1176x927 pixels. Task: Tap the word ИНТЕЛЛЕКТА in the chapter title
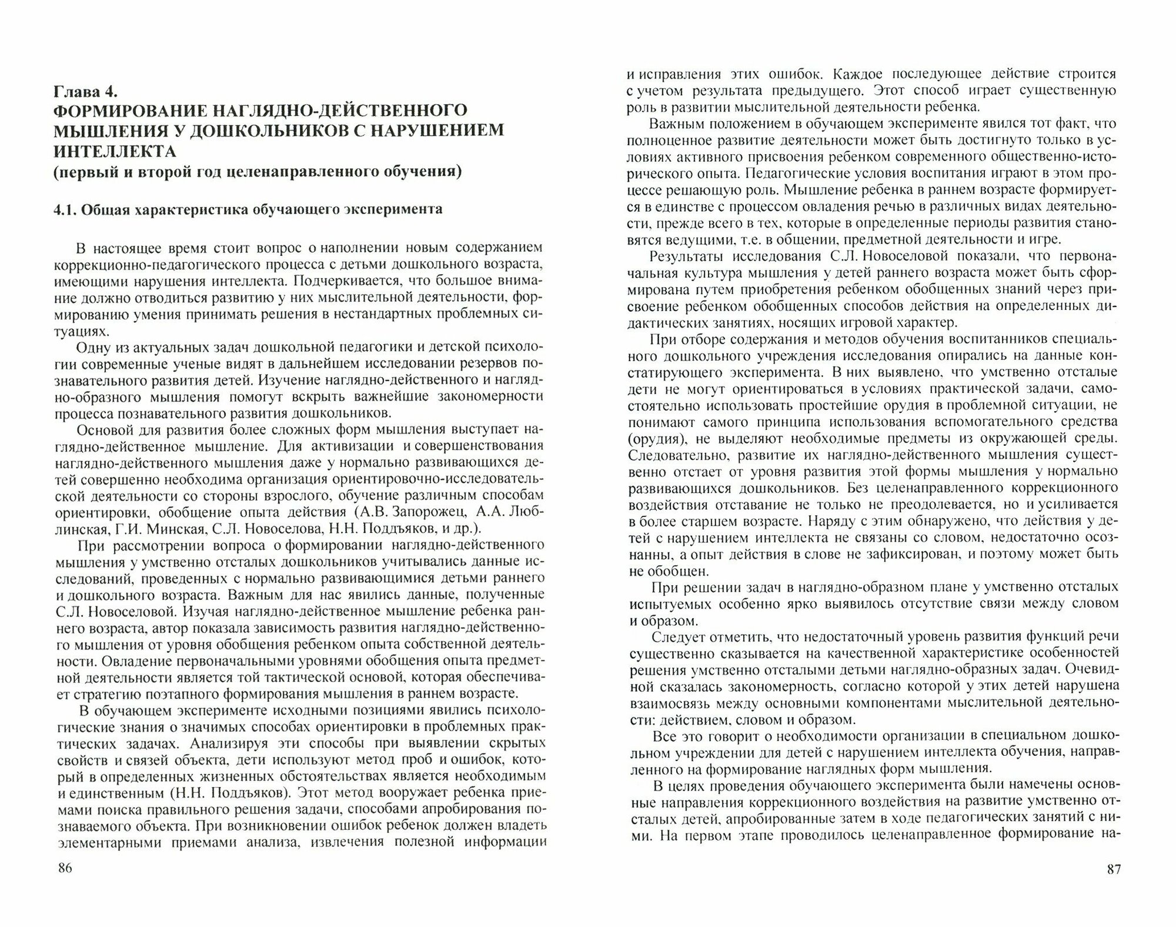click(115, 152)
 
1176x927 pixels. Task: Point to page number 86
click(64, 868)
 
